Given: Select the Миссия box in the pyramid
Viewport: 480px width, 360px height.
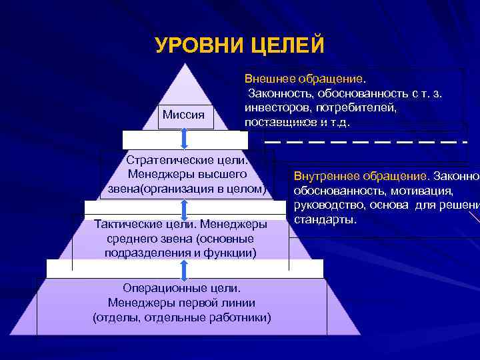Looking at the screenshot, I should pos(183,115).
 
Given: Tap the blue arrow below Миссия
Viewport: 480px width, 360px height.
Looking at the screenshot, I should pos(184,138).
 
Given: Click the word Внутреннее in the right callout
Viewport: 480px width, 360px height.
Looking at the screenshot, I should pos(325,177).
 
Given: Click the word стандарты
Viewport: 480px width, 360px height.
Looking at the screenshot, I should pos(324,219).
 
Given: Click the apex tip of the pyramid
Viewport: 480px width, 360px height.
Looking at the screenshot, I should pos(183,65).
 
